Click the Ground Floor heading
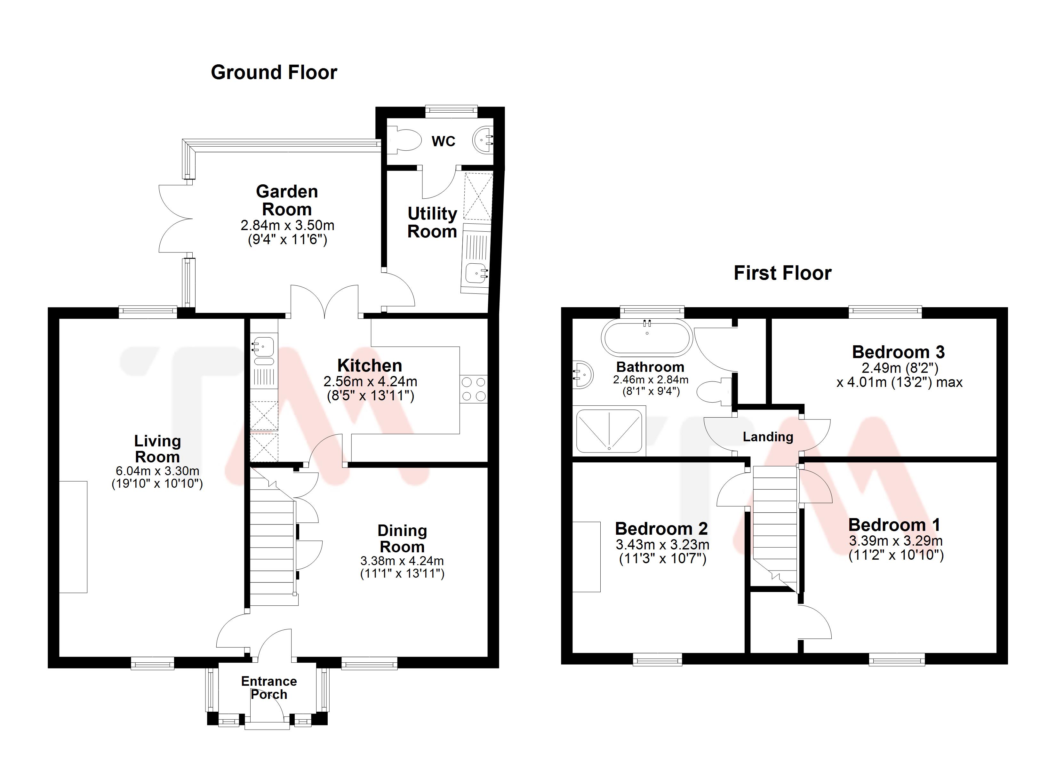274,73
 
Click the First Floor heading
782,273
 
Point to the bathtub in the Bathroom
647,338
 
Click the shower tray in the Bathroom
609,431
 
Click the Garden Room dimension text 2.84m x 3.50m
287,225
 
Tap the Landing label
768,437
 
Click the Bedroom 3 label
898,352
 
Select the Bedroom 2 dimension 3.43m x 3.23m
662,544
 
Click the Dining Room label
402,538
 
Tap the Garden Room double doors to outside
176,219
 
